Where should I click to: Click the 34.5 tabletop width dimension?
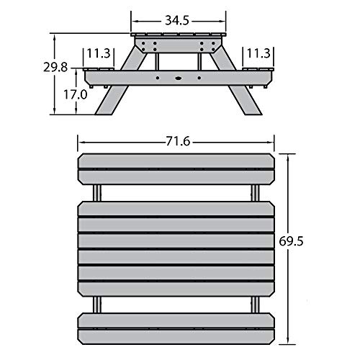point(177,21)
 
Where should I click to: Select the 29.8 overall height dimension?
point(55,68)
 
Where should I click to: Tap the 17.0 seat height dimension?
point(76,94)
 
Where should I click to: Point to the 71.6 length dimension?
point(178,142)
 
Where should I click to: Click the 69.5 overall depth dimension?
point(291,241)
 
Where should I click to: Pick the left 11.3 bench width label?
point(99,53)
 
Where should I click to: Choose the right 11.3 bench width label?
point(258,53)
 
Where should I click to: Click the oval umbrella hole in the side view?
point(179,78)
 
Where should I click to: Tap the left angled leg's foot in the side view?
point(104,112)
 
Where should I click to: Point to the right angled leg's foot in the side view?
point(253,112)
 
